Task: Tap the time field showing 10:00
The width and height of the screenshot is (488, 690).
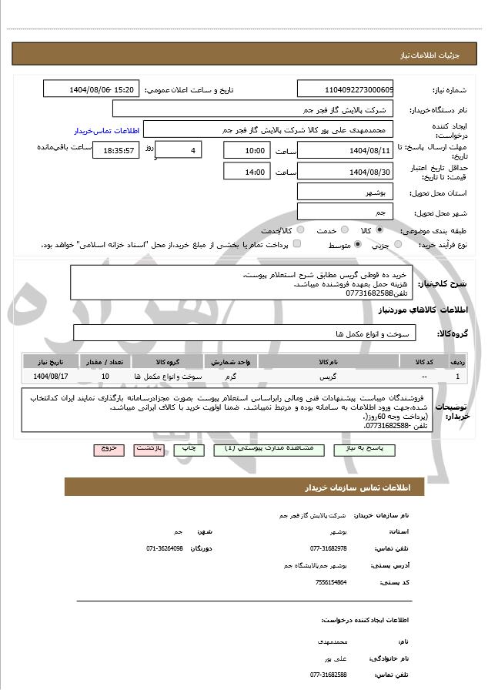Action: pyautogui.click(x=246, y=150)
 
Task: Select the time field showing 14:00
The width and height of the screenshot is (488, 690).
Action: pyautogui.click(x=246, y=172)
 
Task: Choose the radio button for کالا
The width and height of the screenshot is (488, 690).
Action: pyautogui.click(x=379, y=229)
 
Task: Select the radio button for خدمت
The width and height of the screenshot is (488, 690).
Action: pyautogui.click(x=343, y=229)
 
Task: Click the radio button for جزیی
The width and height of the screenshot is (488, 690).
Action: pyautogui.click(x=397, y=244)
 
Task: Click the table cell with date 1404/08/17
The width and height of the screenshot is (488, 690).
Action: pyautogui.click(x=52, y=377)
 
